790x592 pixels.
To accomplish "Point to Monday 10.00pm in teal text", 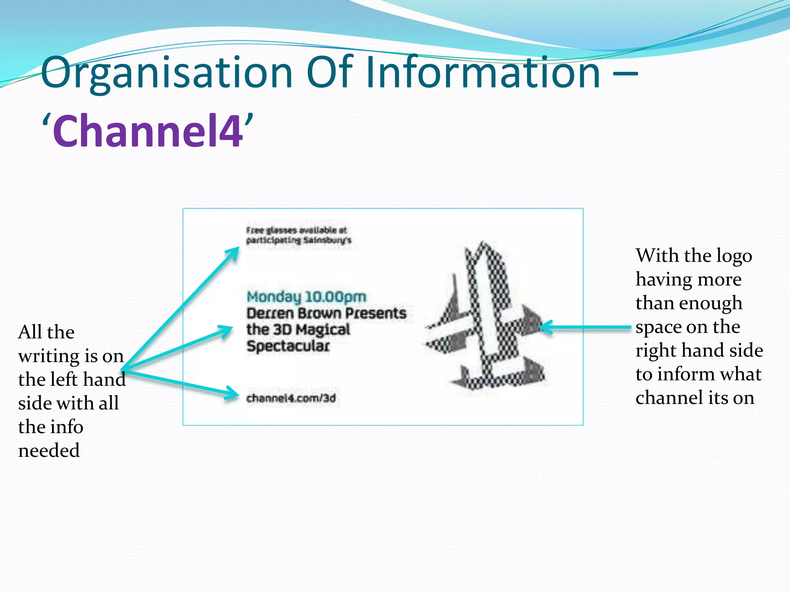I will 306,297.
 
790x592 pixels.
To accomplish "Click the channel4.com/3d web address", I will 291,398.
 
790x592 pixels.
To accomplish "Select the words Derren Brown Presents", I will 326,313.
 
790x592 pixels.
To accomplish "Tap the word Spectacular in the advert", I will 288,346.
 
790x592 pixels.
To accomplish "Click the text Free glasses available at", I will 296,230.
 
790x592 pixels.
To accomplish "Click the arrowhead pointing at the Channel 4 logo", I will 545,327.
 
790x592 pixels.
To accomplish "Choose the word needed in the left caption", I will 49,450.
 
